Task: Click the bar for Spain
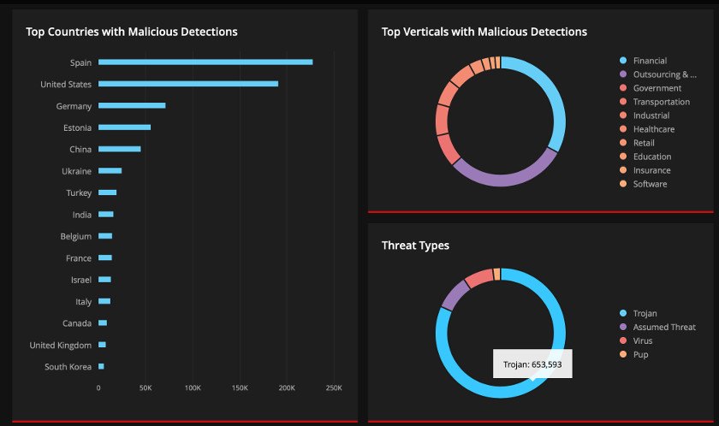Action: coord(205,62)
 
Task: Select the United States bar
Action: coord(188,84)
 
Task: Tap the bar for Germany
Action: coord(132,105)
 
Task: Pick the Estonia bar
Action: coord(124,127)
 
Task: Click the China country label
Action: coord(80,150)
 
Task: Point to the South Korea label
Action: coord(68,367)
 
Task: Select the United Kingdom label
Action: coord(61,346)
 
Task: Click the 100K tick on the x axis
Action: coord(193,388)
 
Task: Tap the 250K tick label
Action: coord(334,388)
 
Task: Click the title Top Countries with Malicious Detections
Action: coord(132,32)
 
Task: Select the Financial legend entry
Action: coord(650,61)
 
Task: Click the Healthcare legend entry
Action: coord(654,129)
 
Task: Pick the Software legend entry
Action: coord(650,184)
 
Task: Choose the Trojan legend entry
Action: coord(645,313)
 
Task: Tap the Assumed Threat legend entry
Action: coord(663,327)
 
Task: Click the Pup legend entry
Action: coord(640,354)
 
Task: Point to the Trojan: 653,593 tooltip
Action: coord(532,364)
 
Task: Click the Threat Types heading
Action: coord(415,246)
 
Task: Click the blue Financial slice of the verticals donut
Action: coord(556,103)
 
